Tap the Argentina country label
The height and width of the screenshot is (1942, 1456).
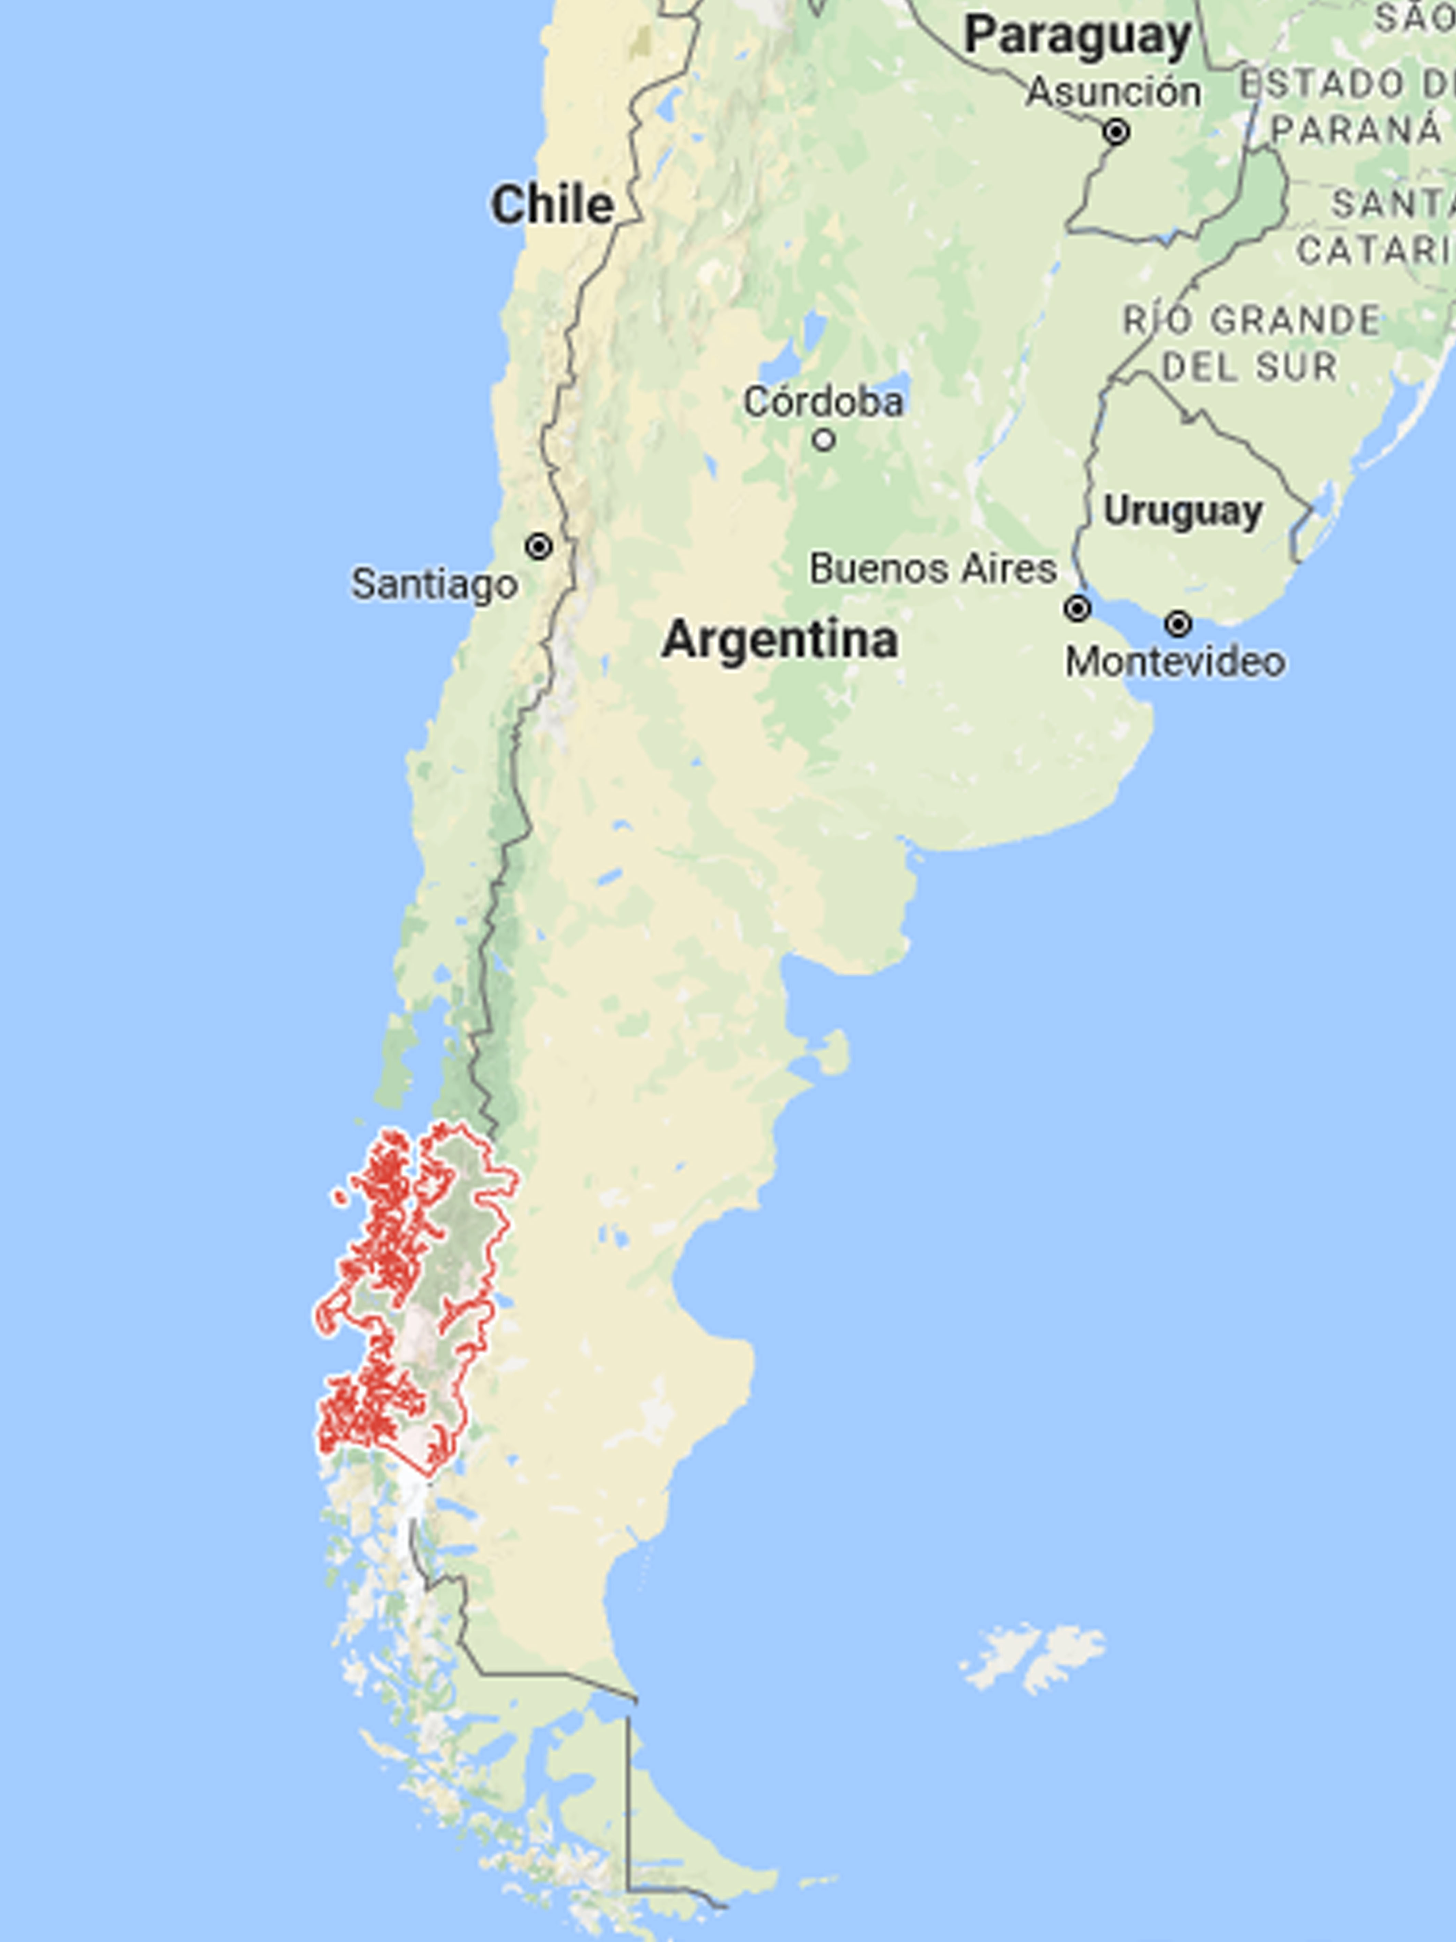click(x=779, y=639)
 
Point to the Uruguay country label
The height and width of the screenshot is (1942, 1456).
click(x=1182, y=511)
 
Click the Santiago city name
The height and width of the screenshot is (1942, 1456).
click(x=435, y=584)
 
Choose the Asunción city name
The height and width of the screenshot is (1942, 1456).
click(x=1113, y=92)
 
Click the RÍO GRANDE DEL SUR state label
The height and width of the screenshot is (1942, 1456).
click(x=1251, y=343)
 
